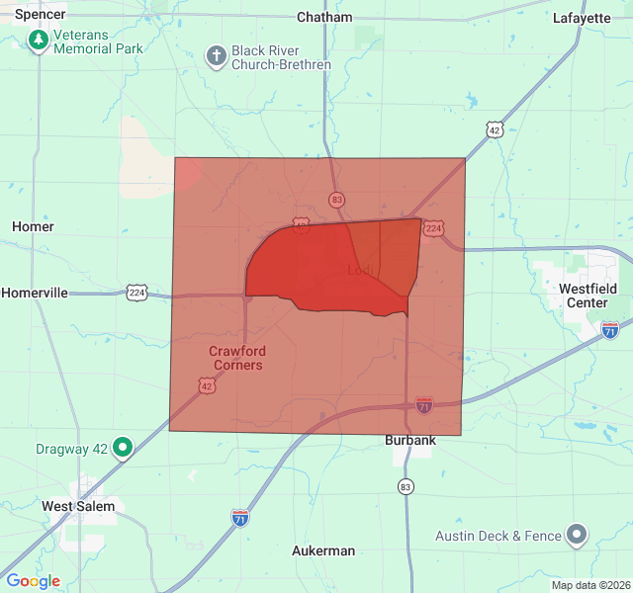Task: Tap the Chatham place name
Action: point(324,17)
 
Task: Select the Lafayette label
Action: point(582,18)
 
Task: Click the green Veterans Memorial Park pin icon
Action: point(39,41)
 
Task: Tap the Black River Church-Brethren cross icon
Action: point(216,56)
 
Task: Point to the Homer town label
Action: point(33,226)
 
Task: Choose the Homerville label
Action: point(35,293)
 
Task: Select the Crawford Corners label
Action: point(237,358)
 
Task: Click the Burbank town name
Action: point(409,441)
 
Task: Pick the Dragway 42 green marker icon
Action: point(123,448)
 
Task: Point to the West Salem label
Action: point(78,506)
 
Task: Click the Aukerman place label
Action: point(323,551)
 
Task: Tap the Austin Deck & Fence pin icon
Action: point(578,536)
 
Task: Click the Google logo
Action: point(33,581)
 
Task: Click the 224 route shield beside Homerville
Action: point(136,292)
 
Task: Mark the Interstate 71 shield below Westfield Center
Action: point(610,330)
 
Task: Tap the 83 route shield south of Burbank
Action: point(406,486)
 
